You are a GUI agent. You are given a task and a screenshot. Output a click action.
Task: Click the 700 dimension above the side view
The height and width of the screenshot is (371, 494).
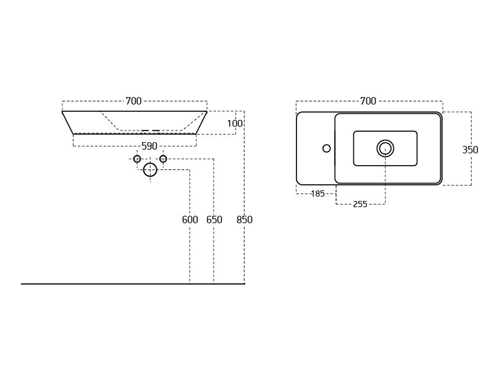click(x=134, y=101)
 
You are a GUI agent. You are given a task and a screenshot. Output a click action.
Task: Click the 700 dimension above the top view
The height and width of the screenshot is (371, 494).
click(x=368, y=101)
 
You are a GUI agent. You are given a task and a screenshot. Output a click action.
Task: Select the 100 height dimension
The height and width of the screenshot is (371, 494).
click(x=235, y=124)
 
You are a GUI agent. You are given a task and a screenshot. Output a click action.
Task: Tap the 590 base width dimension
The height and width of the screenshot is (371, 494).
click(x=149, y=146)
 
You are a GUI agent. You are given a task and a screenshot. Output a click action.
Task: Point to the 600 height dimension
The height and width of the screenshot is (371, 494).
click(x=190, y=220)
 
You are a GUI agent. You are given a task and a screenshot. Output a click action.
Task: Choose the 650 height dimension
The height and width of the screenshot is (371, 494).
click(x=214, y=220)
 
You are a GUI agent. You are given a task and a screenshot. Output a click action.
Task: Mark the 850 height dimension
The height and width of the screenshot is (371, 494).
click(x=245, y=220)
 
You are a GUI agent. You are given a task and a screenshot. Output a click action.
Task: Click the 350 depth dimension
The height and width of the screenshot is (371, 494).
click(x=471, y=150)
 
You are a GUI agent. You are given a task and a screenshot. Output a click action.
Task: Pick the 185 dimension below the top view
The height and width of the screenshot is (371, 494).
click(x=317, y=194)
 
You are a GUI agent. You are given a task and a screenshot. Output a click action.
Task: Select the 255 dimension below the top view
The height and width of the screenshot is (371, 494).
click(x=360, y=204)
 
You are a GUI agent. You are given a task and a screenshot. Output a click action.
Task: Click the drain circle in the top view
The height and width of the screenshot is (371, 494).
click(x=385, y=148)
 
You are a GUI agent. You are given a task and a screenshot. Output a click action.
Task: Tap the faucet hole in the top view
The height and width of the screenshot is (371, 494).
click(x=327, y=148)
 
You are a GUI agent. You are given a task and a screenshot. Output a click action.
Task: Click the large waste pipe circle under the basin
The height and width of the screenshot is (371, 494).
click(x=150, y=169)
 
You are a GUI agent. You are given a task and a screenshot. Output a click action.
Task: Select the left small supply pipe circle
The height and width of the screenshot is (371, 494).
click(x=137, y=159)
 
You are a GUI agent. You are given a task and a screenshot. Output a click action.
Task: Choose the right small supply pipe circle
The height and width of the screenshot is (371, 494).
click(x=163, y=159)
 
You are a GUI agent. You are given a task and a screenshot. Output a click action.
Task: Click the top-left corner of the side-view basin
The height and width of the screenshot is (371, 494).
click(x=62, y=112)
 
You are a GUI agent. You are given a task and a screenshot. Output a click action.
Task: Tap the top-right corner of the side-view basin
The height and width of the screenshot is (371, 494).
click(x=206, y=112)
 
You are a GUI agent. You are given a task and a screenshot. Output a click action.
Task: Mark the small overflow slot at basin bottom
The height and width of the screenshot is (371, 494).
click(x=151, y=130)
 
